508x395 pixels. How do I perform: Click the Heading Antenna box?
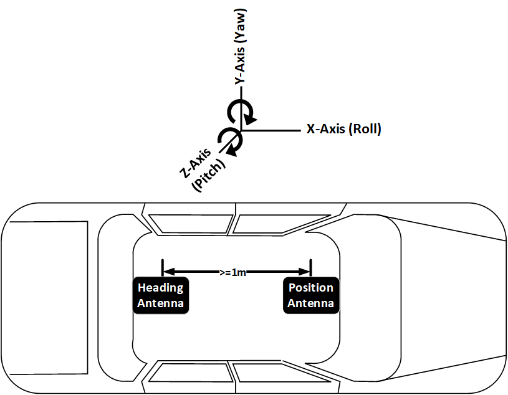click(161, 295)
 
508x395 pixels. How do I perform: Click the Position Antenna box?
click(311, 295)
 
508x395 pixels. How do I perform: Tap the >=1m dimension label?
click(232, 272)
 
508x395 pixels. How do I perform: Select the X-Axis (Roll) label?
click(343, 129)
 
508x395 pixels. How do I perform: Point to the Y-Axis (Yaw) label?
click(241, 47)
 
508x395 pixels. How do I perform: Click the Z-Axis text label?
click(195, 163)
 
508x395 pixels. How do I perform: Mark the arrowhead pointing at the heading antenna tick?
click(169, 271)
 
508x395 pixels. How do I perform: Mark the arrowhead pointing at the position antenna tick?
click(304, 271)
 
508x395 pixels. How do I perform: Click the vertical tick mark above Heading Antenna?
click(163, 268)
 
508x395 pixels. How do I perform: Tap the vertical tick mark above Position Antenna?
click(310, 268)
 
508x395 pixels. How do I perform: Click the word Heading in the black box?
click(161, 288)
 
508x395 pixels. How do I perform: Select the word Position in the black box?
click(311, 287)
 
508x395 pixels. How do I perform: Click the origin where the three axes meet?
click(241, 130)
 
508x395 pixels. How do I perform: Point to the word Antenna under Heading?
click(161, 303)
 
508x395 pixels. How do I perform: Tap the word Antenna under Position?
click(310, 303)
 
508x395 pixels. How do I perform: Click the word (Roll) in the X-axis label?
click(365, 129)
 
